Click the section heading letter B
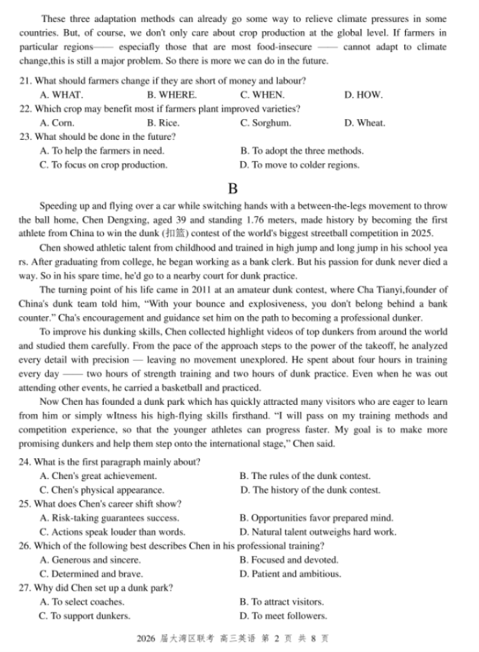click(x=232, y=188)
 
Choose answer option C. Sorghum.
click(x=265, y=123)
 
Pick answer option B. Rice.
click(x=163, y=123)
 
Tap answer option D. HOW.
click(x=363, y=95)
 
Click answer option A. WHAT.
click(x=62, y=95)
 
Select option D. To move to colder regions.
click(x=299, y=165)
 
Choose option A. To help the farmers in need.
click(x=102, y=151)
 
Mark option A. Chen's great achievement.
click(x=98, y=476)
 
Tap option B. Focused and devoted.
click(x=289, y=560)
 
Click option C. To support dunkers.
click(x=84, y=616)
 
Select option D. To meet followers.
click(x=283, y=616)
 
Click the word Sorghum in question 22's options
click(x=271, y=123)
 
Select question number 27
click(x=26, y=588)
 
